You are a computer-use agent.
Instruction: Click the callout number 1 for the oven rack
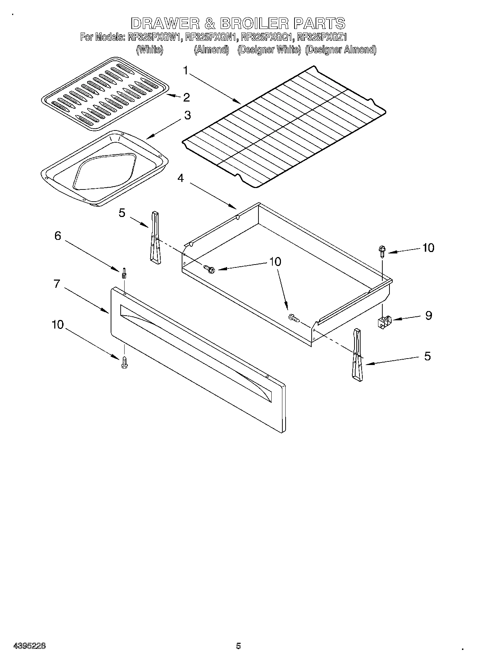click(x=186, y=70)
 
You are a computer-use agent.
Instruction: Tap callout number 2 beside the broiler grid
click(x=186, y=97)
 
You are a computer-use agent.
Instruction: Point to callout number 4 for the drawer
click(x=181, y=178)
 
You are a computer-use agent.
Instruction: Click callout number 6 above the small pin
click(x=57, y=236)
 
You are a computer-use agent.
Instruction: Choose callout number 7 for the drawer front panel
click(x=56, y=283)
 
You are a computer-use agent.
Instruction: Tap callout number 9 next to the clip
click(x=428, y=315)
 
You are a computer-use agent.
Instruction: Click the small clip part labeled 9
click(x=384, y=321)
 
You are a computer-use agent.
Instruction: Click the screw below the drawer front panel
click(x=125, y=362)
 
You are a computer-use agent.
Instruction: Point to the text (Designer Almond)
click(x=341, y=50)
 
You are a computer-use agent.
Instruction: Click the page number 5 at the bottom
click(x=238, y=646)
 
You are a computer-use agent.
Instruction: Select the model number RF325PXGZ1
click(x=322, y=37)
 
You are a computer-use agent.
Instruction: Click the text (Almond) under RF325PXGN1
click(x=211, y=50)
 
